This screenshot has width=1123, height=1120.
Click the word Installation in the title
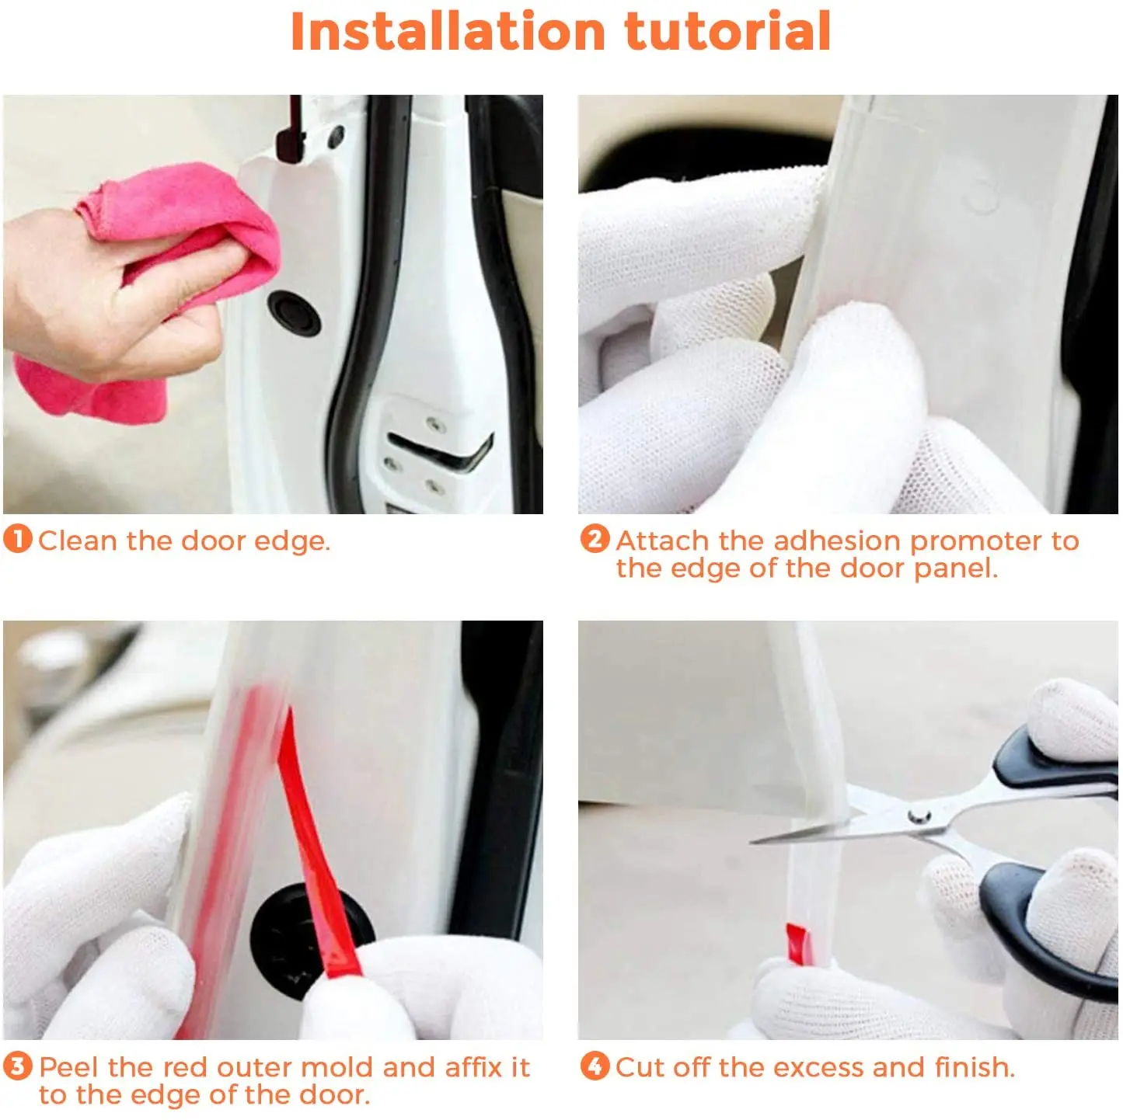[x=447, y=31]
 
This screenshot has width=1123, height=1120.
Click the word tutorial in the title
[x=727, y=31]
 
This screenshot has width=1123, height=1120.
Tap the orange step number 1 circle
[x=17, y=539]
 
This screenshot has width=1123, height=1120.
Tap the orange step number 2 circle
[x=595, y=539]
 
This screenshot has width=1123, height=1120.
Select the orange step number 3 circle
[x=17, y=1066]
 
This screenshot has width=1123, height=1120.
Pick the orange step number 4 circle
[x=595, y=1066]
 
